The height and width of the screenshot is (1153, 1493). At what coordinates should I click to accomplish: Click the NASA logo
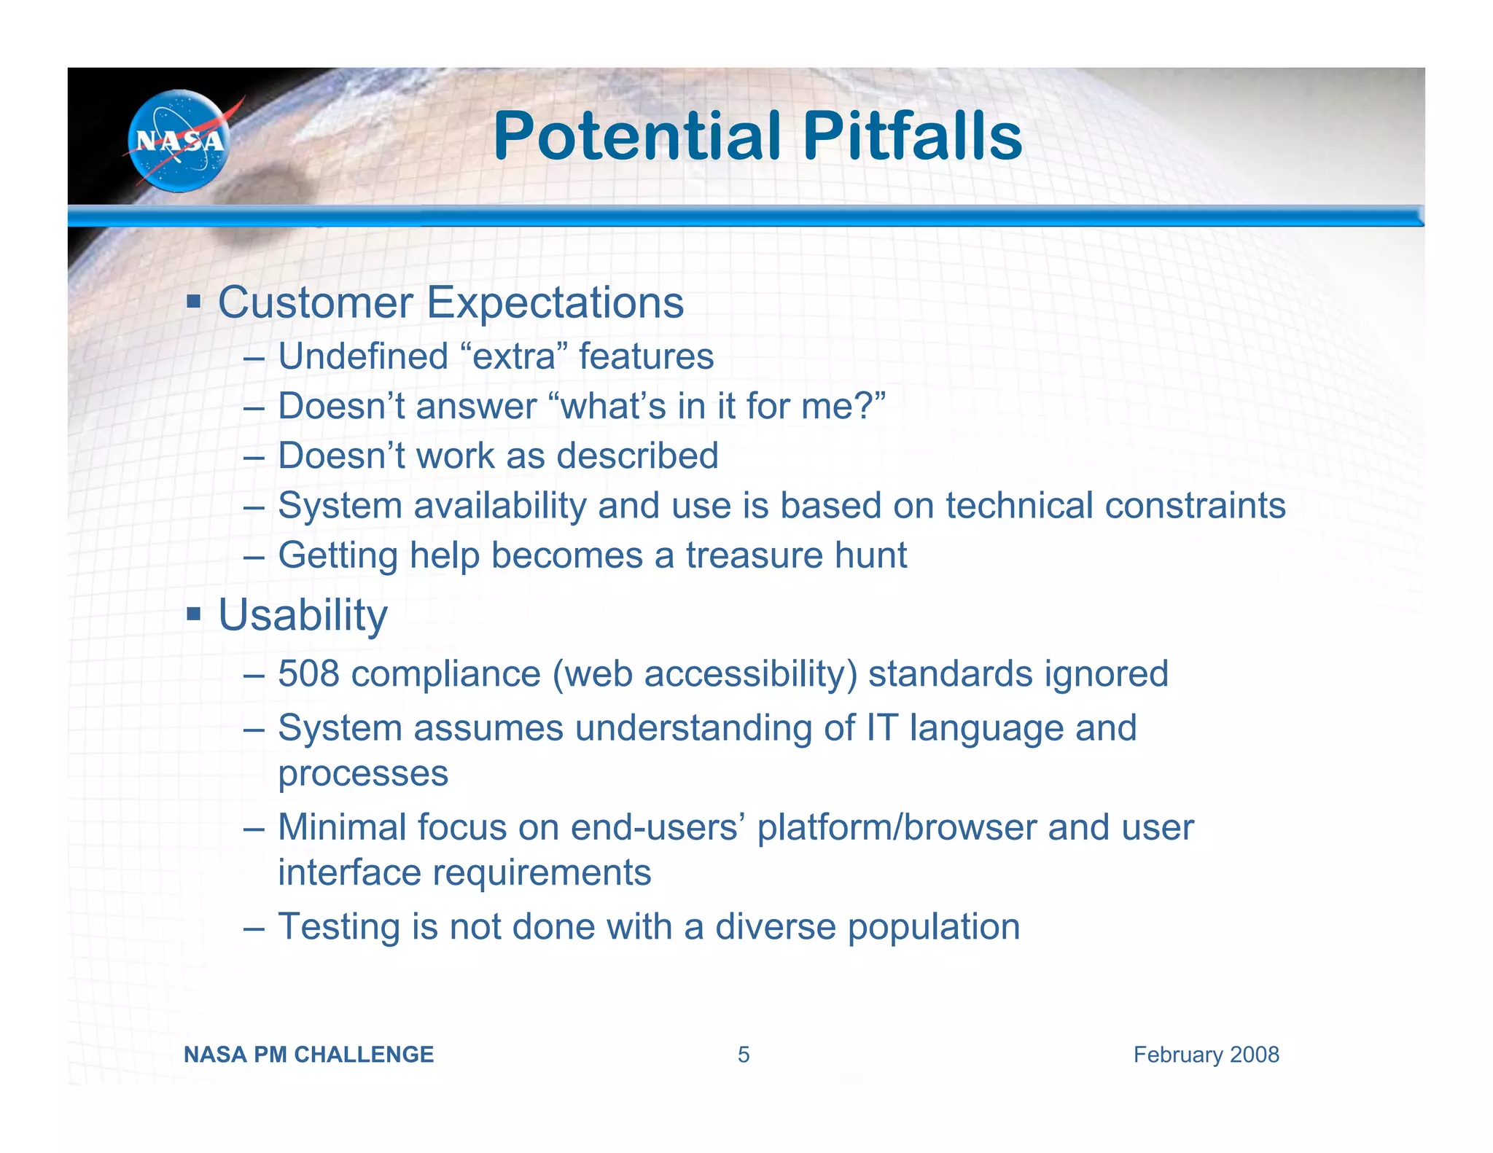tap(179, 141)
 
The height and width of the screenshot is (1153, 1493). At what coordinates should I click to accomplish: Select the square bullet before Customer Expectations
tap(193, 301)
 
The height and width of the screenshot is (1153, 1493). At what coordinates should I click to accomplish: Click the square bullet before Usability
tap(193, 614)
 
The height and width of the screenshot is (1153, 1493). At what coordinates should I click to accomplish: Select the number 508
tap(308, 673)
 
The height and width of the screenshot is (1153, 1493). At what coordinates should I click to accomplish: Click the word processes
tap(363, 773)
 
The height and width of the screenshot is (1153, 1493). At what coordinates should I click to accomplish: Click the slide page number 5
tap(743, 1055)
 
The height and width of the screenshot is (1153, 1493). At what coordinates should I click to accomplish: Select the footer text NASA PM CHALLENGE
tap(308, 1055)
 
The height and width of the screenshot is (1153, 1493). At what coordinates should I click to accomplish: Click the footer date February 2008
tap(1206, 1055)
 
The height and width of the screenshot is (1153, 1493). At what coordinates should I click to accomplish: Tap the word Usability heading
tap(303, 615)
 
